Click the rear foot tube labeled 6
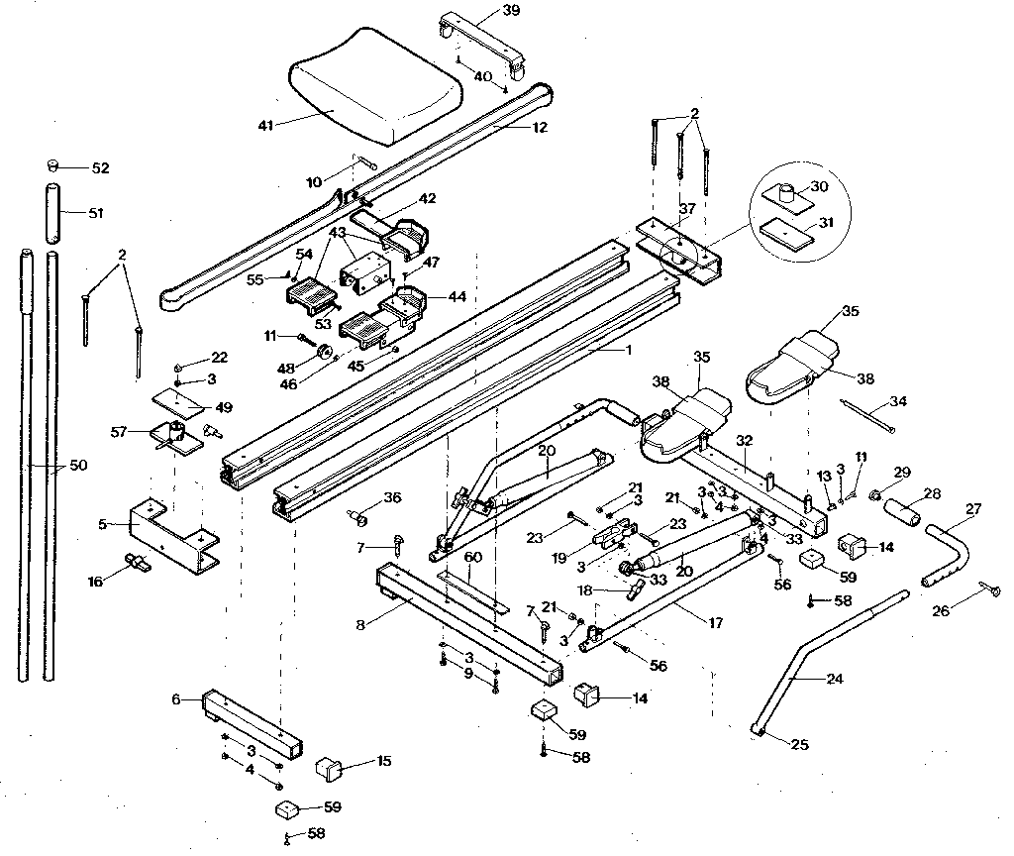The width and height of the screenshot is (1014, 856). (248, 720)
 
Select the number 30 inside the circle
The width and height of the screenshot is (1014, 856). (818, 186)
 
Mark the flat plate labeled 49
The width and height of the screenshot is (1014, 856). (178, 402)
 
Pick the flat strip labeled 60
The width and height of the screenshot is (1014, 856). (474, 591)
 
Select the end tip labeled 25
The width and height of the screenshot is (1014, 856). (760, 730)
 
